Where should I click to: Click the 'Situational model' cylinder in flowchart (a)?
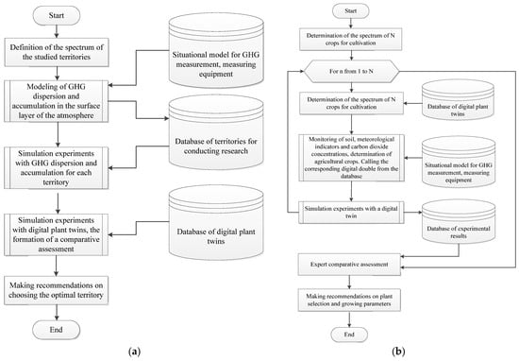(224, 56)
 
